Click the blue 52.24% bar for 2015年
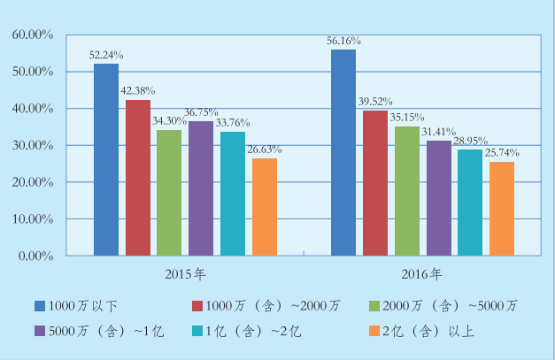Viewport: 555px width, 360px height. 106,159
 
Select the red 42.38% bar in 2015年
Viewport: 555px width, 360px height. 137,178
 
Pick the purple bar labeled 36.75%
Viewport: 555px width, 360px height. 201,188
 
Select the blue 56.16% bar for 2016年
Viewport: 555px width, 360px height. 343,152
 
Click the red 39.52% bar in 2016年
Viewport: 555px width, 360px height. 375,183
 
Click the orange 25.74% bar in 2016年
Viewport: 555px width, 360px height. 501,209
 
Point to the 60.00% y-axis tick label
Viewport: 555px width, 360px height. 33,34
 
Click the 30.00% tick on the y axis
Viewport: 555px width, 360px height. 33,145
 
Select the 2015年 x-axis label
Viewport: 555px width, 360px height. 184,272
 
